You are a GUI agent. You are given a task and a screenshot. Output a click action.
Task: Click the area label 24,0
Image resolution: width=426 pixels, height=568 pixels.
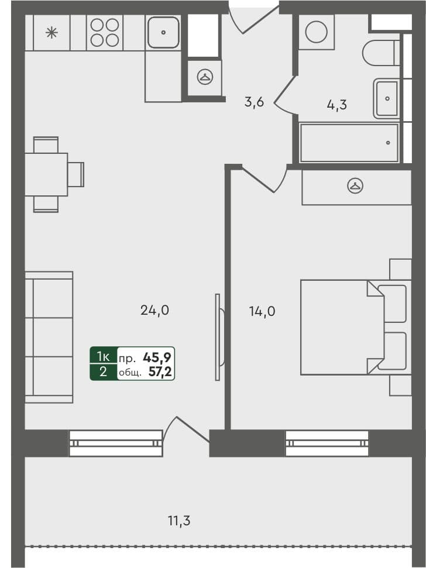154,311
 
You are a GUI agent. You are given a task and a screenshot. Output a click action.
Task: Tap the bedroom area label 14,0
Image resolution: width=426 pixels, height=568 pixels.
262,311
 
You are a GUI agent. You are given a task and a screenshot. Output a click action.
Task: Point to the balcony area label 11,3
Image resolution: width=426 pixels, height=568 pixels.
178,520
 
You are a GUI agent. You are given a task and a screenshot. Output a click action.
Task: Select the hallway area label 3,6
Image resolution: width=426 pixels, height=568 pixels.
254,102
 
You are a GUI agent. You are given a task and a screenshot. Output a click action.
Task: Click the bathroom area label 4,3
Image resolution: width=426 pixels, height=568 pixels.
336,105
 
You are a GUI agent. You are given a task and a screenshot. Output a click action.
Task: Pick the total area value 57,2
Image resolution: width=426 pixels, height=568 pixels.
162,372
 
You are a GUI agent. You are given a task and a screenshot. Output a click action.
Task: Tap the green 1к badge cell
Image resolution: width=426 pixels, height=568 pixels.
103,356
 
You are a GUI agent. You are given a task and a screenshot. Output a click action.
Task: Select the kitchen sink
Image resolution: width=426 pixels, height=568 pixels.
163,32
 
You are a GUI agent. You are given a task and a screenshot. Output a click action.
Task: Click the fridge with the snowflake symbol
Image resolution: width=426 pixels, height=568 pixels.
51,32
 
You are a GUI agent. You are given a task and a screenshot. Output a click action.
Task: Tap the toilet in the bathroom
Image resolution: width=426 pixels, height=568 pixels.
380,53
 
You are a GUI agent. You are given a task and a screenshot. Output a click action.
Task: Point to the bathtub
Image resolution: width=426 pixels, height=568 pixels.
349,142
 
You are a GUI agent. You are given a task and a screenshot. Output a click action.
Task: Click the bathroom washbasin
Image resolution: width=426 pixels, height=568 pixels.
386,98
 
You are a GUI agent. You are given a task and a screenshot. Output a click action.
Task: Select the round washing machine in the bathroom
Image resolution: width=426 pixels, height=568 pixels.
316,32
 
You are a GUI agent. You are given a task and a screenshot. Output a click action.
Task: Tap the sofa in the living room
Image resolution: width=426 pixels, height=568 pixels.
49,337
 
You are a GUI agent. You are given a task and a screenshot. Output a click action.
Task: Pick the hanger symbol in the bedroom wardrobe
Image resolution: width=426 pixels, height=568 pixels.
355,187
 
